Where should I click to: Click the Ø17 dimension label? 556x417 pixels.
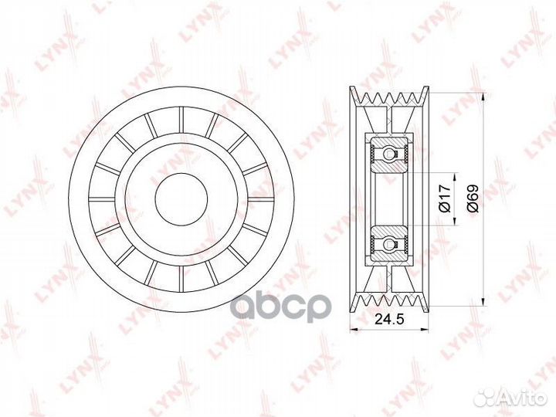point(445,198)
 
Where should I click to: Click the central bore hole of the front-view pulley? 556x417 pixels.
point(180,198)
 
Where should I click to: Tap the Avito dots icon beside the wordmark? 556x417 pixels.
point(486,395)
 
